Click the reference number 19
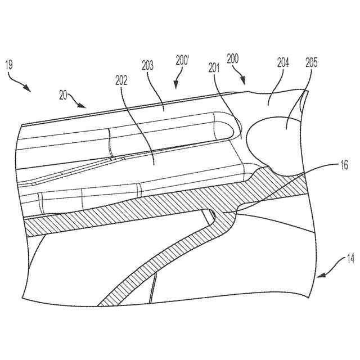click(x=10, y=66)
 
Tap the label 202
click(x=121, y=80)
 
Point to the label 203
click(x=148, y=66)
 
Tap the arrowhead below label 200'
click(x=176, y=86)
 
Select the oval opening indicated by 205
click(x=274, y=143)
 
